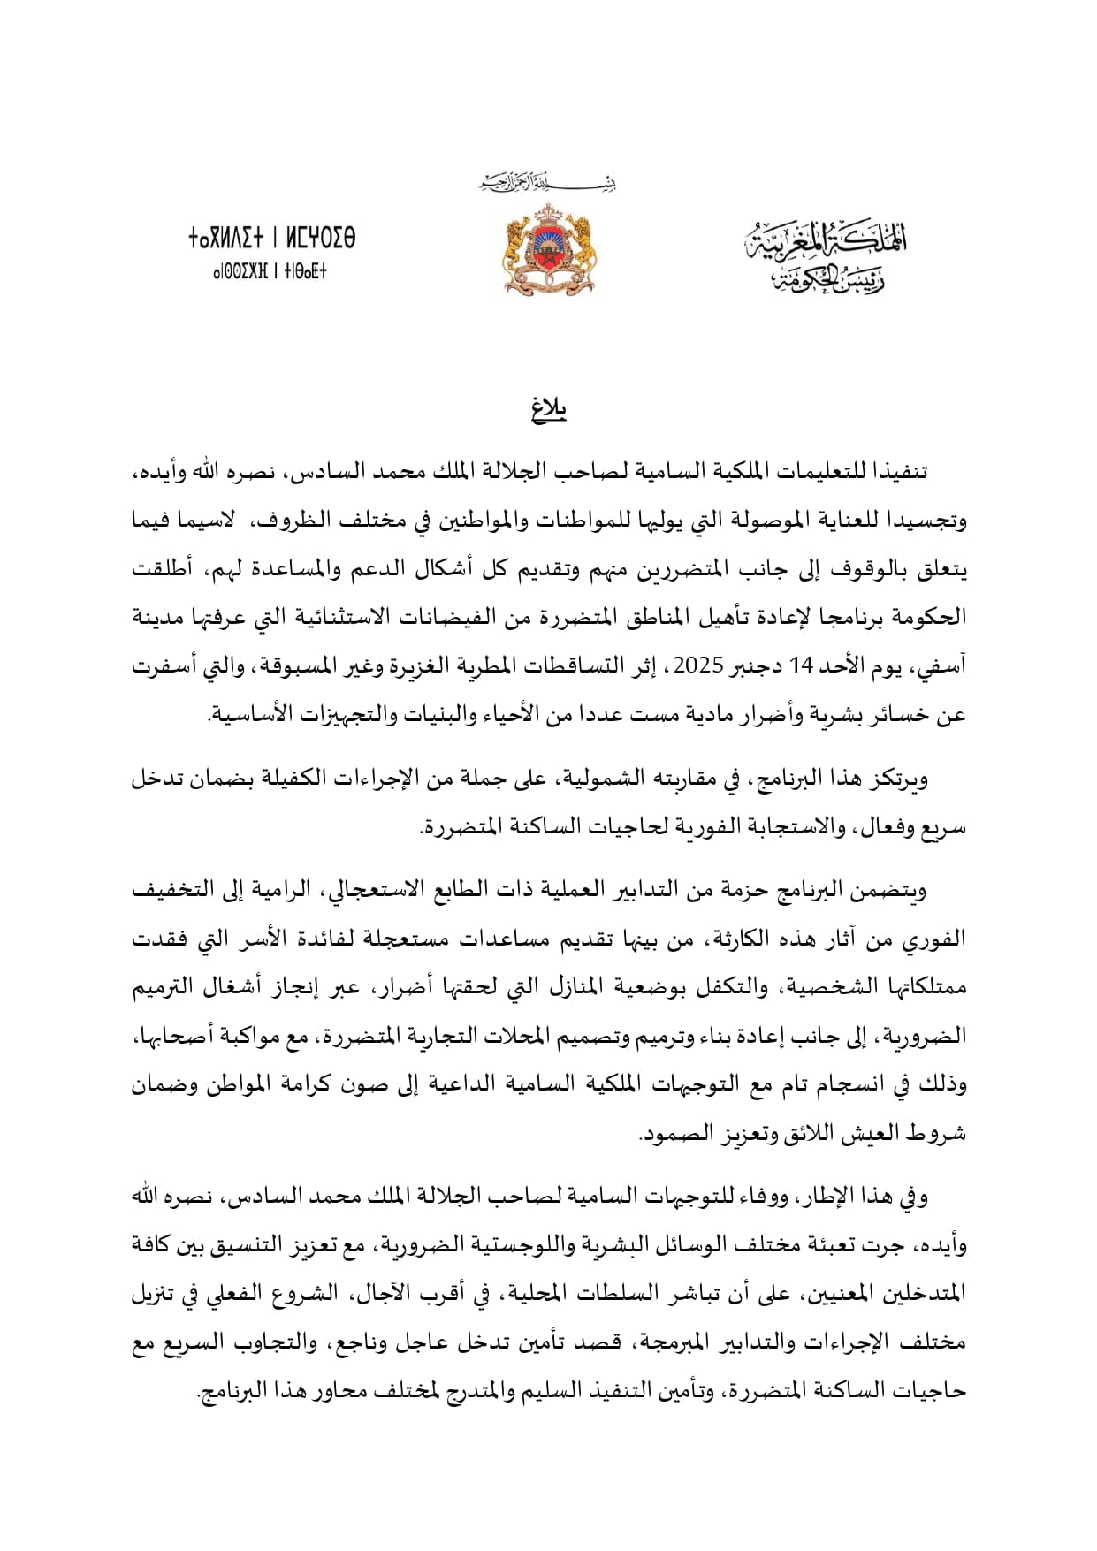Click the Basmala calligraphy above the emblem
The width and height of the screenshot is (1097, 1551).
(x=548, y=184)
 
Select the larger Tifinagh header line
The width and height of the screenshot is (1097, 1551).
(x=271, y=239)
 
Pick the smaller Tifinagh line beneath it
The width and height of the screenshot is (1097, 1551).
(x=270, y=271)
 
